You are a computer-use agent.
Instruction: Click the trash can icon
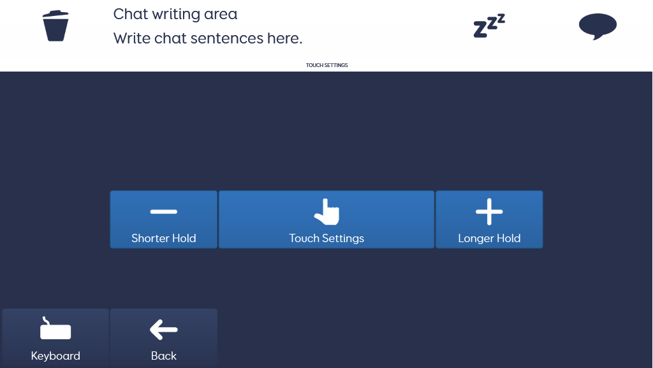pyautogui.click(x=55, y=26)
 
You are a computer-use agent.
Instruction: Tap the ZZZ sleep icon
pyautogui.click(x=489, y=26)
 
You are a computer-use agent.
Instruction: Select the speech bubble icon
pyautogui.click(x=598, y=26)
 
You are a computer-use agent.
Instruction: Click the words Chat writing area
pyautogui.click(x=175, y=14)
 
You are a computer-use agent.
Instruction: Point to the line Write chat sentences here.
pyautogui.click(x=208, y=38)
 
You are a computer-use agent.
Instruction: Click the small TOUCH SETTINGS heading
pyautogui.click(x=327, y=65)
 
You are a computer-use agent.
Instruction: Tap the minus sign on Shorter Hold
pyautogui.click(x=164, y=211)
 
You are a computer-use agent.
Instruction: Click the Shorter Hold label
pyautogui.click(x=164, y=238)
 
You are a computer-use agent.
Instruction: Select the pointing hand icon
pyautogui.click(x=327, y=212)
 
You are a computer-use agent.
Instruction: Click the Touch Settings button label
pyautogui.click(x=326, y=239)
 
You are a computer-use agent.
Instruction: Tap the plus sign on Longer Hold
pyautogui.click(x=489, y=211)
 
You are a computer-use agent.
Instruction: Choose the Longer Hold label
pyautogui.click(x=489, y=239)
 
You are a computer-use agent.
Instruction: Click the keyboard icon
pyautogui.click(x=55, y=328)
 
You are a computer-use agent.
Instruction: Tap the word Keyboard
pyautogui.click(x=55, y=356)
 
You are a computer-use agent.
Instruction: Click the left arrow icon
pyautogui.click(x=164, y=330)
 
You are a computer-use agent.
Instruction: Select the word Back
pyautogui.click(x=164, y=356)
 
